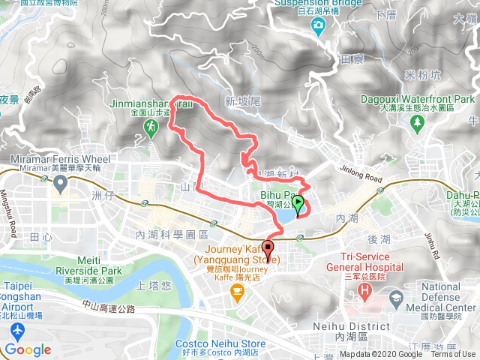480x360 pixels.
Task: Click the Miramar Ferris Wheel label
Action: click(61, 160)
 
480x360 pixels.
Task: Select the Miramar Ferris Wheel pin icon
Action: click(59, 182)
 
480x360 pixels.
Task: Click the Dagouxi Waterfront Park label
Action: click(427, 99)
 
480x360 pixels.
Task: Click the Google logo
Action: click(28, 349)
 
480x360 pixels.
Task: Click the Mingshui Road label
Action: click(13, 217)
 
